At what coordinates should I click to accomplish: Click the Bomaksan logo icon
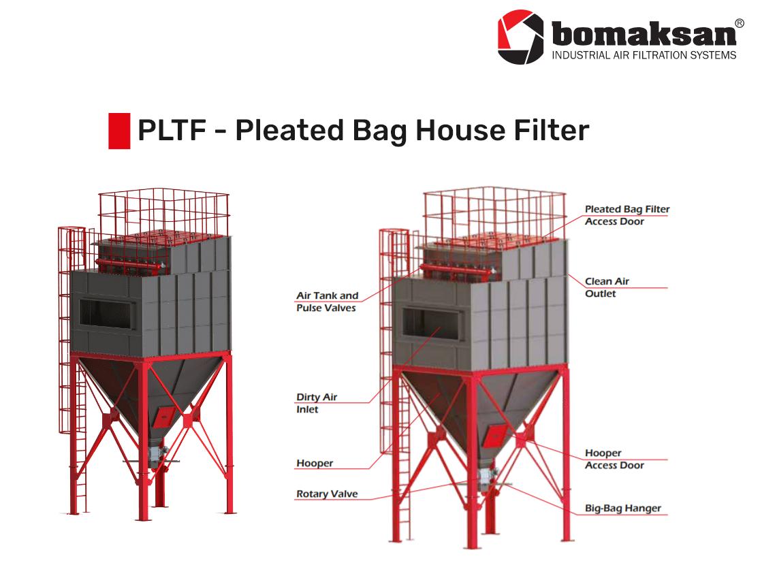pos(521,37)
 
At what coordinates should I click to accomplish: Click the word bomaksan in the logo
pos(644,33)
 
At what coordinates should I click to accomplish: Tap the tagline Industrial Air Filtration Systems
pos(644,54)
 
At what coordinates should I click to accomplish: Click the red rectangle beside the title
pos(119,131)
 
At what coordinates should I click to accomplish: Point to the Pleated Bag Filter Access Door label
pos(627,215)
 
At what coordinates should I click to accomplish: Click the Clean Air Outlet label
pos(607,287)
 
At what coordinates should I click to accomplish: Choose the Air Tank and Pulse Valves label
pos(327,302)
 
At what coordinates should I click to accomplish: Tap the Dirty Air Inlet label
pos(317,403)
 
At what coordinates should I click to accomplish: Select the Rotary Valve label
pos(327,494)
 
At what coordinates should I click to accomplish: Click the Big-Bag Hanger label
pos(622,508)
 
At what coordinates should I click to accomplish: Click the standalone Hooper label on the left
pos(315,463)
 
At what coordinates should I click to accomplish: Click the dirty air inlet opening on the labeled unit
pos(430,323)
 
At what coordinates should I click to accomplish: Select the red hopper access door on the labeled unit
pos(494,435)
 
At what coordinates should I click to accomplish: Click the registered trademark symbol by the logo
pos(739,22)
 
